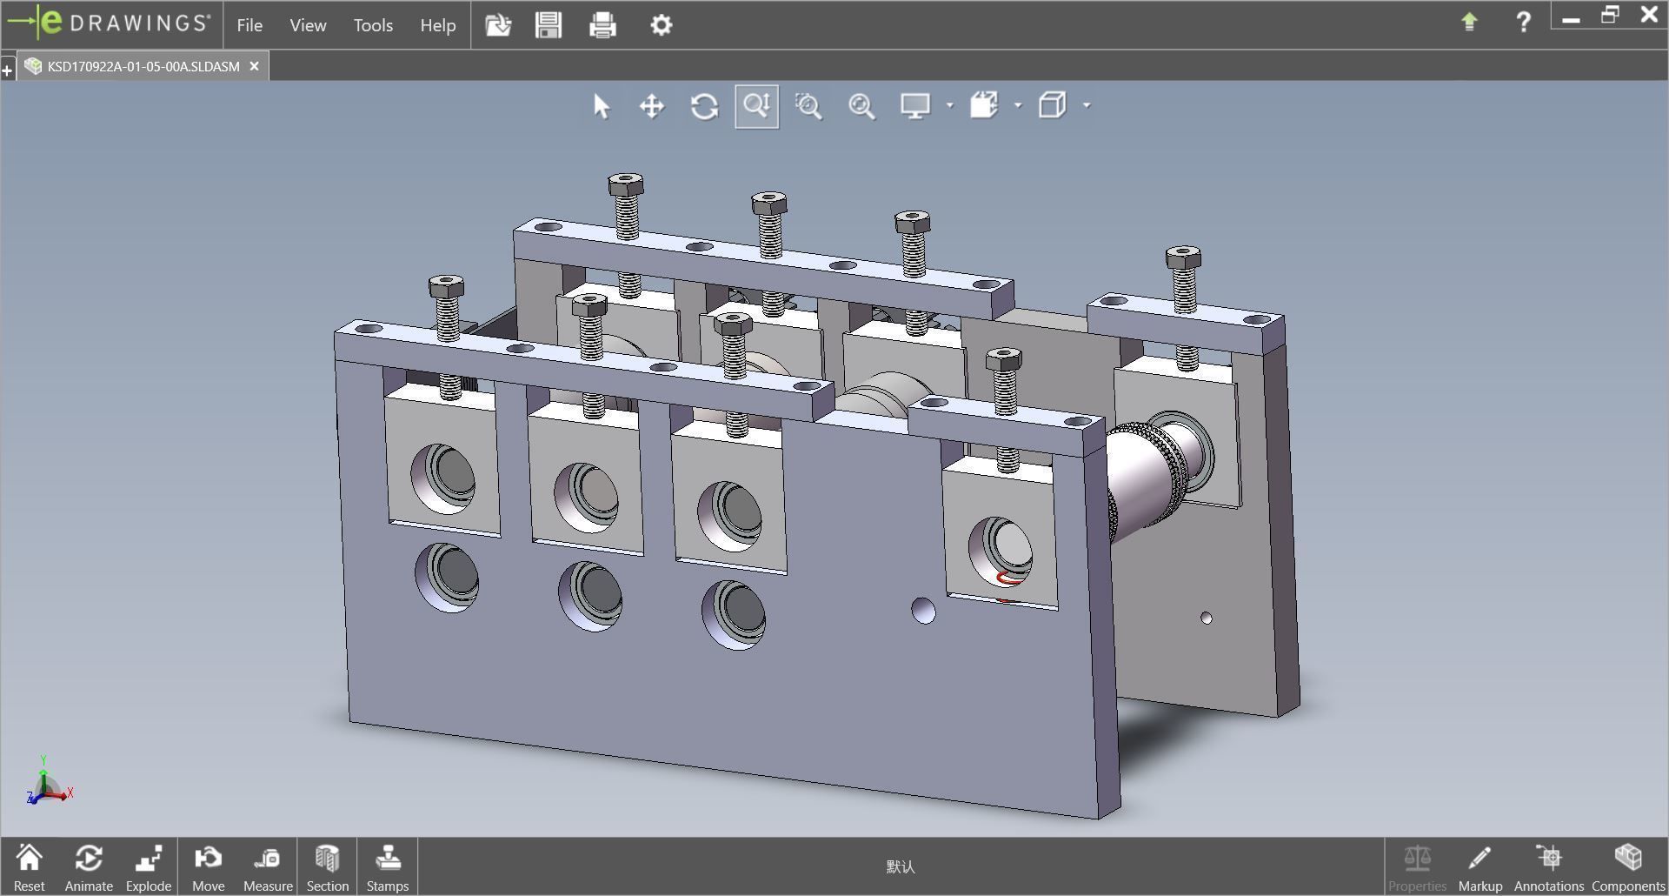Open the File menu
pos(249,25)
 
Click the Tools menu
pos(373,25)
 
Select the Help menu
pos(437,25)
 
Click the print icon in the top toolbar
pos(602,24)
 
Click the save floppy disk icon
pos(549,24)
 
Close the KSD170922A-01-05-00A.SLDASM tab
pos(254,66)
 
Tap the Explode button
pos(148,867)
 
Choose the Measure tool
pos(268,867)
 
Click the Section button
pos(327,867)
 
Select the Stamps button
pos(387,867)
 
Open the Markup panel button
pos(1479,867)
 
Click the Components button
pos(1627,867)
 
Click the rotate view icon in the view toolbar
pos(704,106)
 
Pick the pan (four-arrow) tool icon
pos(652,106)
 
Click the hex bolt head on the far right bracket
pos(1183,257)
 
